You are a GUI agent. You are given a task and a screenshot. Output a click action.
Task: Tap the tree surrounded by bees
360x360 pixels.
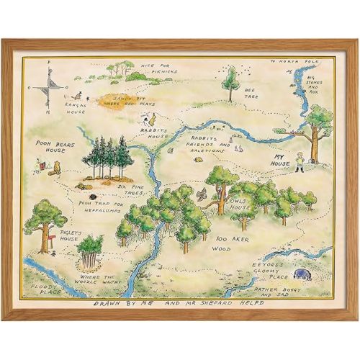pyautogui.click(x=230, y=81)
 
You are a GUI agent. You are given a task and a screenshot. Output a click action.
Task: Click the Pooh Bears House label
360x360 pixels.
pyautogui.click(x=51, y=148)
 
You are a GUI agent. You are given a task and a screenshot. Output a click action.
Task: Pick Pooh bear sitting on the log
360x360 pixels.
pyautogui.click(x=55, y=169)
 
